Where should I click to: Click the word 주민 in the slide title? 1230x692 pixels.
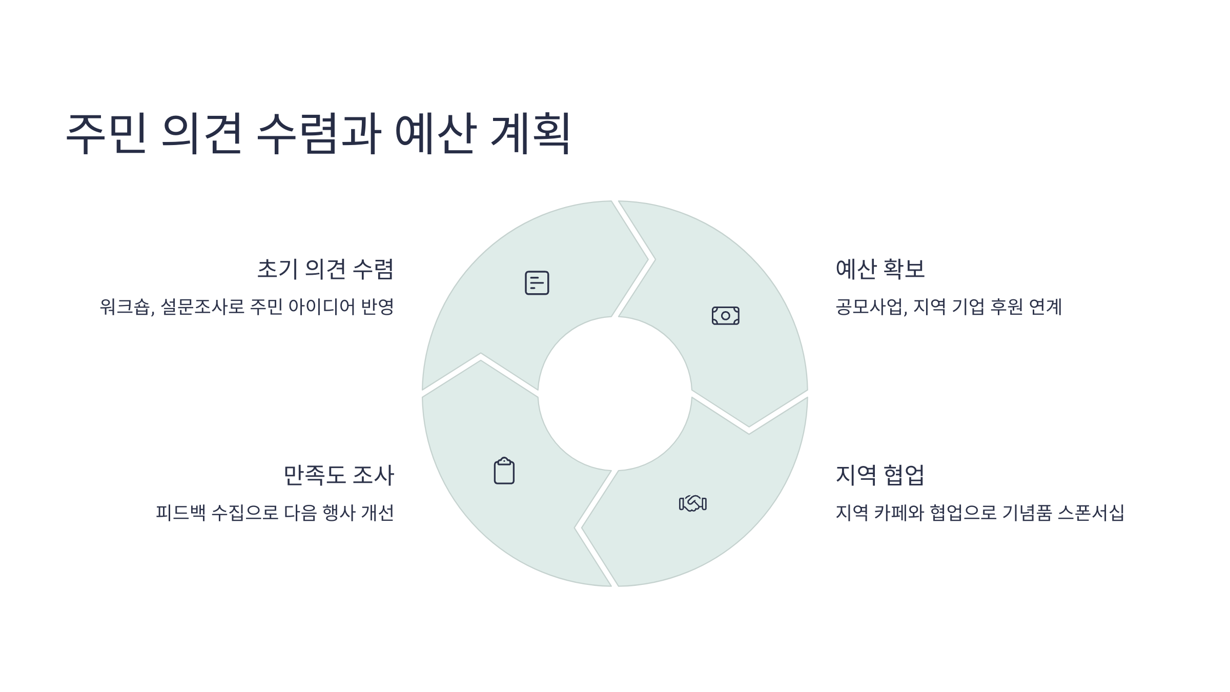(107, 133)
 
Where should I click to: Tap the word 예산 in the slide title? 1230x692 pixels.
(435, 133)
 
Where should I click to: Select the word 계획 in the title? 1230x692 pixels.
(530, 133)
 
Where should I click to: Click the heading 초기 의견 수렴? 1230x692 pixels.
(325, 270)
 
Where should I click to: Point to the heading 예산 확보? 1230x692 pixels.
(880, 270)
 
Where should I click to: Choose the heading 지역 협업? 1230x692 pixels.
(880, 475)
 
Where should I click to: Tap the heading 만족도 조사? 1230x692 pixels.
(339, 475)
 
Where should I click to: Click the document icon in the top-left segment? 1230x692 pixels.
(537, 283)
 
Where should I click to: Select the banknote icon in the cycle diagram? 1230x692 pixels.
(725, 316)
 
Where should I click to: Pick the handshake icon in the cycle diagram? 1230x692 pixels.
(692, 503)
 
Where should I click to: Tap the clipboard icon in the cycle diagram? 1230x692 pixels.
(504, 471)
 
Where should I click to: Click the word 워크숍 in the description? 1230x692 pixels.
(125, 307)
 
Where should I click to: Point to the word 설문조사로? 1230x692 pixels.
(202, 307)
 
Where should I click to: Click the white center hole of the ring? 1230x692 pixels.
(614, 394)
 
